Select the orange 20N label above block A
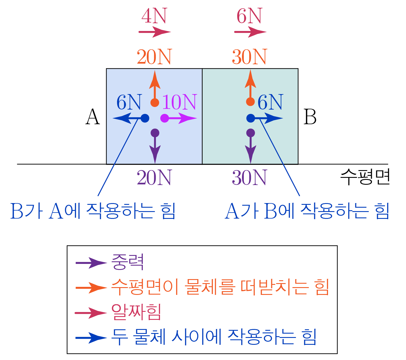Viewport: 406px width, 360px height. point(154,57)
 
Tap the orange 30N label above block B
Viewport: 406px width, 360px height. point(249,57)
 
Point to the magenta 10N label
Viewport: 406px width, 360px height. point(179,102)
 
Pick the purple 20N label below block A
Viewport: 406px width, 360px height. point(154,178)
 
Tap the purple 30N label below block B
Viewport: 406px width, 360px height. point(249,178)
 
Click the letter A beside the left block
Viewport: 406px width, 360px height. point(93,117)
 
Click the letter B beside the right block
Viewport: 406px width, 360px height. point(310,117)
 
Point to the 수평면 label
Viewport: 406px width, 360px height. point(365,177)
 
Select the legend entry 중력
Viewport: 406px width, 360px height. point(127,262)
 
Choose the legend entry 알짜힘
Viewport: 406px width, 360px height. point(136,312)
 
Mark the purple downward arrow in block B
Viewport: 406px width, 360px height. point(251,146)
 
